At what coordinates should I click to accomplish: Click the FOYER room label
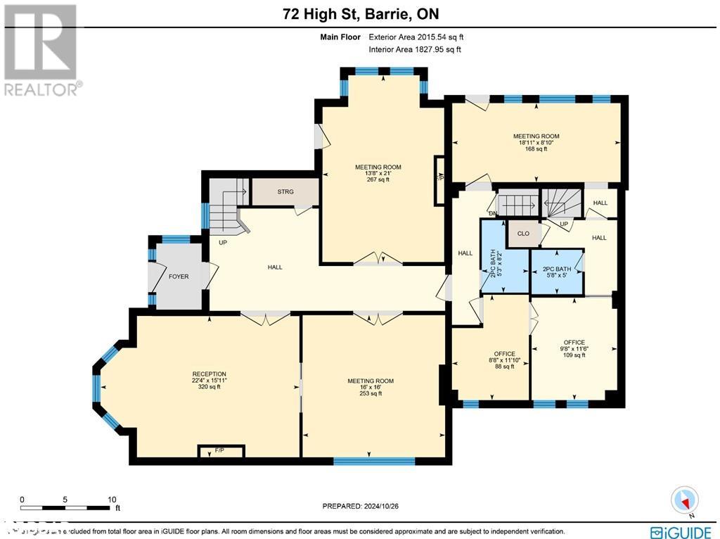click(179, 277)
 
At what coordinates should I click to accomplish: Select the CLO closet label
click(523, 234)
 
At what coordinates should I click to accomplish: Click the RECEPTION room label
click(209, 374)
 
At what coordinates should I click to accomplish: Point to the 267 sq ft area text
click(378, 179)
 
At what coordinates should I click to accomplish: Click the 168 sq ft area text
click(536, 149)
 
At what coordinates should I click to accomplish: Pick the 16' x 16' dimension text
click(370, 387)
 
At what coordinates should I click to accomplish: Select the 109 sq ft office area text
click(574, 355)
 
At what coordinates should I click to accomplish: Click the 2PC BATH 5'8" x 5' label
click(557, 272)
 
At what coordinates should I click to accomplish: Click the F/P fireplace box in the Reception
click(220, 451)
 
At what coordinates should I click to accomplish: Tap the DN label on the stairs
click(494, 213)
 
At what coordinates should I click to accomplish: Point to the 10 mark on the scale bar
click(111, 499)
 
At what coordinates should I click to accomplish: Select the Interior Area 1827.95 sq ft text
click(415, 49)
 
